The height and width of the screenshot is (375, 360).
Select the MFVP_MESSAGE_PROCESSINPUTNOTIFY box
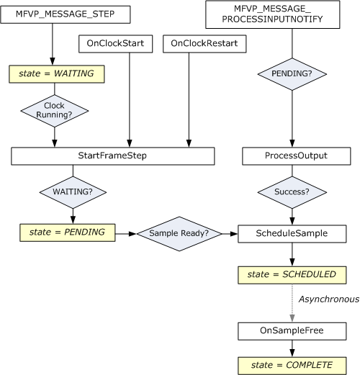pyautogui.click(x=273, y=15)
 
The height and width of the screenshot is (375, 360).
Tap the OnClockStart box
pyautogui.click(x=115, y=44)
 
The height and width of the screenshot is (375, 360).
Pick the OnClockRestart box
pyautogui.click(x=204, y=44)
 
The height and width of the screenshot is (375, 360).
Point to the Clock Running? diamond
pyautogui.click(x=55, y=111)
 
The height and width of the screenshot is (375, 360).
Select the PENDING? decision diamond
pyautogui.click(x=292, y=73)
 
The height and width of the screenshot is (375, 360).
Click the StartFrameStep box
pyautogui.click(x=113, y=156)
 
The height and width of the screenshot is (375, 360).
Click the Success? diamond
pyautogui.click(x=292, y=193)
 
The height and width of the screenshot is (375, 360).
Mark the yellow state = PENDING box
pyautogui.click(x=66, y=232)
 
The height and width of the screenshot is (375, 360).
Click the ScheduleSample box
pyautogui.click(x=292, y=233)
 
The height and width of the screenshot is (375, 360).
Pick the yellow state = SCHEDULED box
pyautogui.click(x=292, y=274)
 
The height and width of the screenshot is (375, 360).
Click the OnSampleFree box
pyautogui.click(x=292, y=331)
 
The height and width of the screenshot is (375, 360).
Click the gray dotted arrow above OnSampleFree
pyautogui.click(x=292, y=302)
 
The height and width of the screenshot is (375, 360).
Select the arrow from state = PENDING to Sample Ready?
pyautogui.click(x=126, y=233)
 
